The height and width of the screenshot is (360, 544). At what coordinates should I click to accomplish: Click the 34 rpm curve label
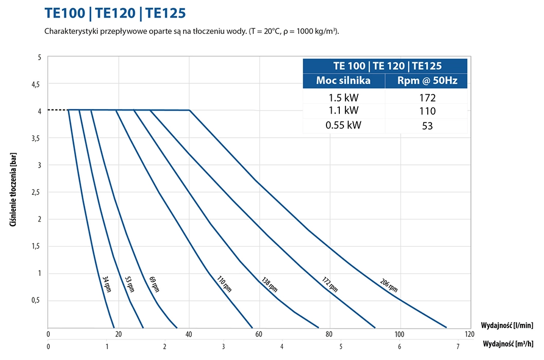(106, 284)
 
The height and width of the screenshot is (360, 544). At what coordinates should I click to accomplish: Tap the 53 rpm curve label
(129, 284)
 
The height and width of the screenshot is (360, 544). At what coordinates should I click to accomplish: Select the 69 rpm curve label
(154, 284)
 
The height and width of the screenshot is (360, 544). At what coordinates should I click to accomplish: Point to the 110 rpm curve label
(224, 284)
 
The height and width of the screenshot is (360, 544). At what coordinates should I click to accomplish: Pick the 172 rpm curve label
(330, 284)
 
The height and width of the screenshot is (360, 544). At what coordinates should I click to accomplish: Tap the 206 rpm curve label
(389, 285)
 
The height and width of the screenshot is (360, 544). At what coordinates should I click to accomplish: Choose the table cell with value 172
(426, 98)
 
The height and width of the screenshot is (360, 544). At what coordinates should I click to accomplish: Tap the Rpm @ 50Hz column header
(426, 81)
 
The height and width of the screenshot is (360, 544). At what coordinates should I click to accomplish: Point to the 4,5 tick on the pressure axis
(35, 84)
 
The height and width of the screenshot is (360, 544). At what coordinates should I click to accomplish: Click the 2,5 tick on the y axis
(35, 192)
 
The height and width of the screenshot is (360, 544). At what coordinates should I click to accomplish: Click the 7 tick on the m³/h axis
(458, 346)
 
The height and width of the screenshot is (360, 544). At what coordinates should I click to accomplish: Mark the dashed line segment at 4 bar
(58, 110)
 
